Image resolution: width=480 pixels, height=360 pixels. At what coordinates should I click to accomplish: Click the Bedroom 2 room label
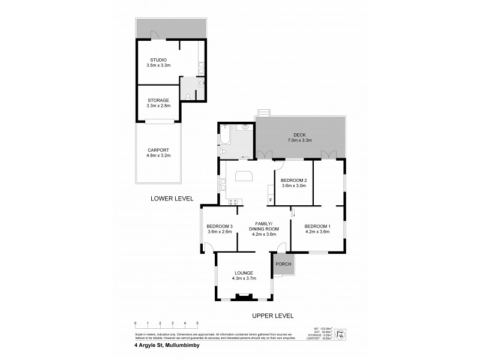pyautogui.click(x=294, y=181)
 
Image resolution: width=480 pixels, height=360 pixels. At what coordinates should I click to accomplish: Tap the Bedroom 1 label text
pyautogui.click(x=317, y=226)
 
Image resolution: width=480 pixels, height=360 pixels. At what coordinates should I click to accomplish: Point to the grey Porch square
pyautogui.click(x=283, y=264)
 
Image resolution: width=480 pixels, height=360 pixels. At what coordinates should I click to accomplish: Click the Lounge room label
pyautogui.click(x=244, y=273)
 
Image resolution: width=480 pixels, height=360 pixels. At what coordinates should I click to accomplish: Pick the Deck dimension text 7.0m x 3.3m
pyautogui.click(x=301, y=140)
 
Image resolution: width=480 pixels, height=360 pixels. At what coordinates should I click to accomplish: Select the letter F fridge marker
pyautogui.click(x=271, y=199)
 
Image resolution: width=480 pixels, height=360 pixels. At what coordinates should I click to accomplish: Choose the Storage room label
pyautogui.click(x=158, y=100)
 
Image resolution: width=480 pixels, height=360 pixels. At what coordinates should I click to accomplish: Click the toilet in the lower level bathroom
pyautogui.click(x=189, y=97)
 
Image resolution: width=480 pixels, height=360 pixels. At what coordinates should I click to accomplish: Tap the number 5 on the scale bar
pyautogui.click(x=197, y=323)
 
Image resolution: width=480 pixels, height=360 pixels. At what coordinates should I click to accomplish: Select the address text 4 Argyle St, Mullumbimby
pyautogui.click(x=169, y=345)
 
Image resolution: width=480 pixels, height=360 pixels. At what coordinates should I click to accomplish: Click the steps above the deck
pyautogui.click(x=263, y=113)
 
